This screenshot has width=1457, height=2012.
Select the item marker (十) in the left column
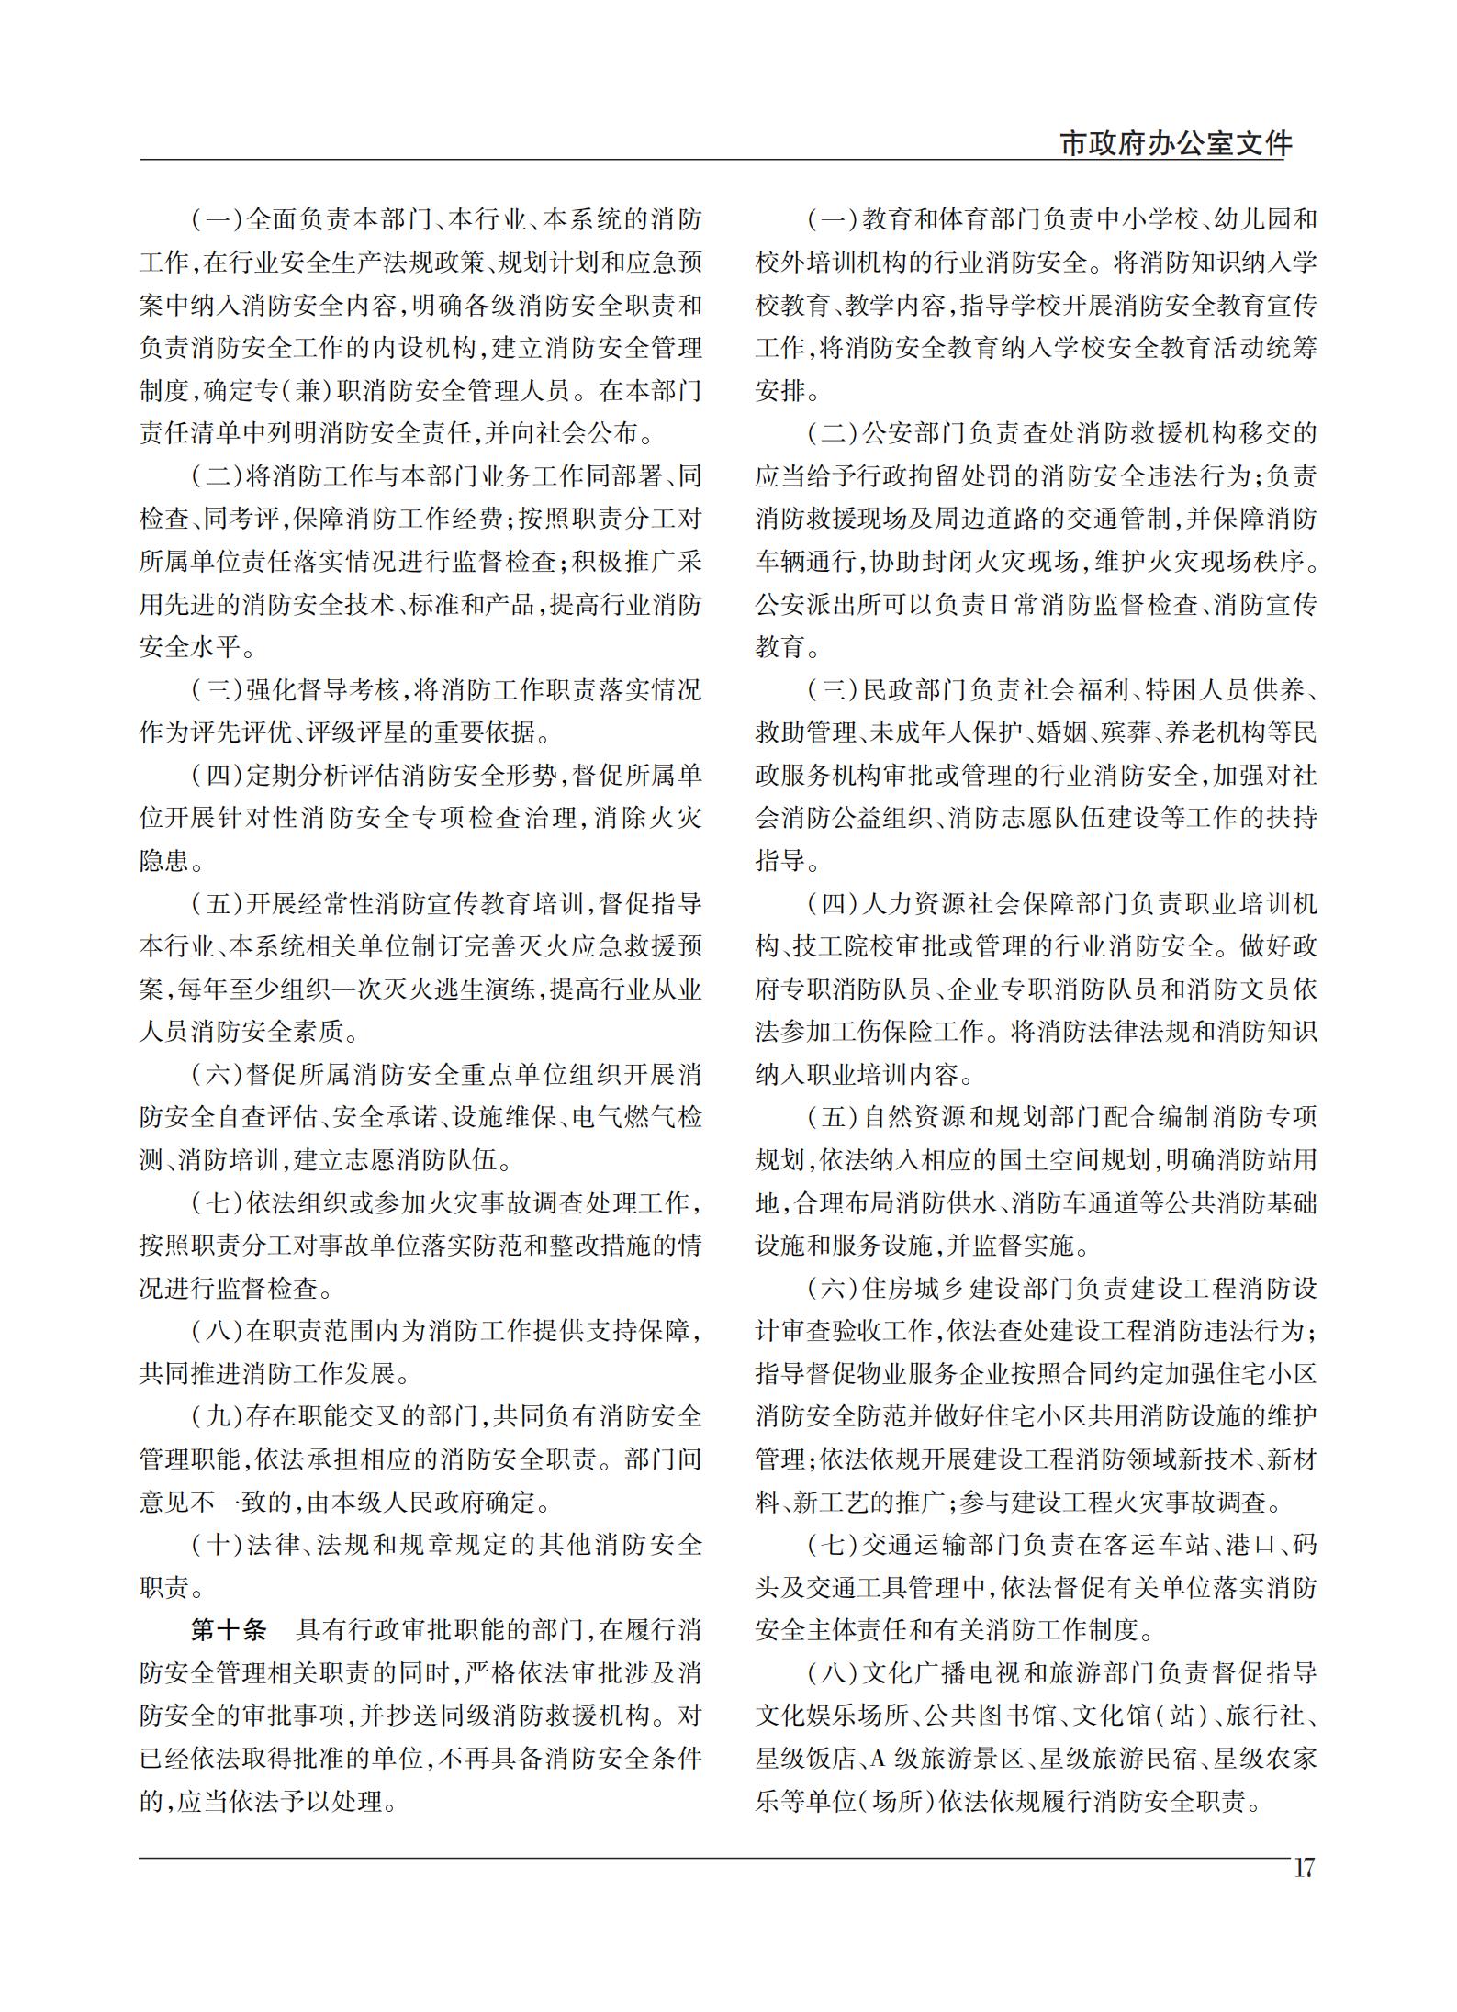218,1545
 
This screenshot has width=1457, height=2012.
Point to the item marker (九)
218,1416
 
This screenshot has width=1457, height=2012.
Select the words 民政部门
915,690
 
